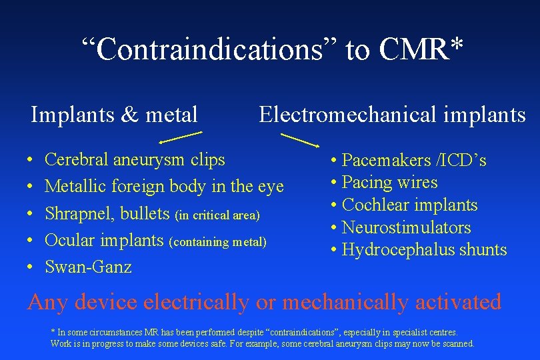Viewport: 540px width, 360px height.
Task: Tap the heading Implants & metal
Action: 114,115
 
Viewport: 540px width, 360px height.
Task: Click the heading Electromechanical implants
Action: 392,115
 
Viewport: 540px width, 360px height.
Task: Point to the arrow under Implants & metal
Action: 180,137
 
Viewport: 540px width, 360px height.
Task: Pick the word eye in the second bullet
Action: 270,187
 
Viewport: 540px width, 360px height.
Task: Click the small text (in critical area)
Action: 217,215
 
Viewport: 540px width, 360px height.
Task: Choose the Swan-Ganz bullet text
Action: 88,267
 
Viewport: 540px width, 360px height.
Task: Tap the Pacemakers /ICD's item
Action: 413,161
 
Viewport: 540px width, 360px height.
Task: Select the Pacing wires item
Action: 389,183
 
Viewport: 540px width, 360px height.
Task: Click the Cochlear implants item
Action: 409,205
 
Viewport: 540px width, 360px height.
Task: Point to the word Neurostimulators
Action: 406,228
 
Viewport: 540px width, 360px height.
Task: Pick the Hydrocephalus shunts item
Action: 424,251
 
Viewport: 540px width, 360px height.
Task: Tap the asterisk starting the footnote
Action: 53,331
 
